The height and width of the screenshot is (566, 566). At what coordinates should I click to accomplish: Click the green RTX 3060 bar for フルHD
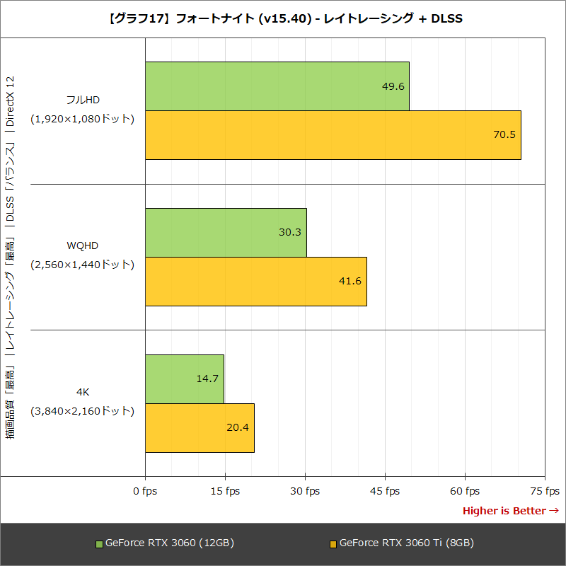click(x=277, y=86)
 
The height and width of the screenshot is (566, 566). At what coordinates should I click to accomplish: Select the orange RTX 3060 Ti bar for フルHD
click(x=333, y=135)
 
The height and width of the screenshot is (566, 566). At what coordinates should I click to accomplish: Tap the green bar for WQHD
click(x=226, y=232)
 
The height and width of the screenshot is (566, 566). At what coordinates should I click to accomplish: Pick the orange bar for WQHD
click(x=255, y=281)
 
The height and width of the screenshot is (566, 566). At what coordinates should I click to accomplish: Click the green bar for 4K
click(x=184, y=379)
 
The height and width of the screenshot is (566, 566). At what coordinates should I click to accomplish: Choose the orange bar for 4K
click(x=200, y=427)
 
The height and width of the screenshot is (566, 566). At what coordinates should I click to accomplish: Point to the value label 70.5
click(x=504, y=135)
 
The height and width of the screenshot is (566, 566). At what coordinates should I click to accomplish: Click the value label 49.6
click(x=393, y=86)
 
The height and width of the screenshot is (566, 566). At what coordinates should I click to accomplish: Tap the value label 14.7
click(x=207, y=379)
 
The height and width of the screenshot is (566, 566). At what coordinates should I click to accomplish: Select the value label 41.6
click(x=350, y=281)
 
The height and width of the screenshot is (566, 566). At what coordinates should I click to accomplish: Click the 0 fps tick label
click(x=145, y=491)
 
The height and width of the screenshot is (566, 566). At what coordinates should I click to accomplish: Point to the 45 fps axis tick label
click(x=385, y=491)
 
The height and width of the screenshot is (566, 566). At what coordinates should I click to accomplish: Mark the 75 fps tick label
click(x=545, y=491)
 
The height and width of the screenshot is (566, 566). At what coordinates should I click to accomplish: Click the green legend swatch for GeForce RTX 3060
click(x=99, y=544)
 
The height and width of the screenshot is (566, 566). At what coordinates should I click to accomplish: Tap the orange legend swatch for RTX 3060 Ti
click(x=334, y=544)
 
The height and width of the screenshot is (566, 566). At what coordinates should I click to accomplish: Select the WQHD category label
click(x=83, y=246)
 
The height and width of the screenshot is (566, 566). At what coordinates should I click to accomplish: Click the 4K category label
click(x=83, y=392)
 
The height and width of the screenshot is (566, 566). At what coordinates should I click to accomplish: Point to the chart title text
click(x=283, y=18)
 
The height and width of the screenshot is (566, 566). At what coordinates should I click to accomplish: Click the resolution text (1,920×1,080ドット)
click(x=83, y=119)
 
